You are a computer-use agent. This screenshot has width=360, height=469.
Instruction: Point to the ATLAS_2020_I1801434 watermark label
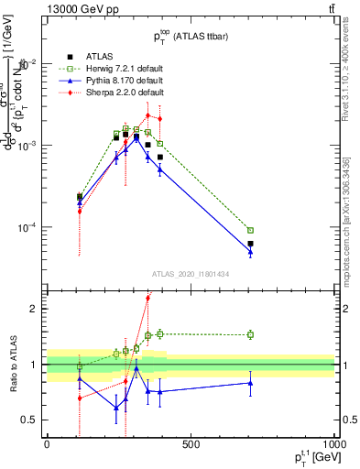tap(191, 274)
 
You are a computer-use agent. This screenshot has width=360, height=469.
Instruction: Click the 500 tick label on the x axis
tap(191, 443)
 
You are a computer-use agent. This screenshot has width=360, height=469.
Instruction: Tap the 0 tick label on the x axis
tap(48, 443)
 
